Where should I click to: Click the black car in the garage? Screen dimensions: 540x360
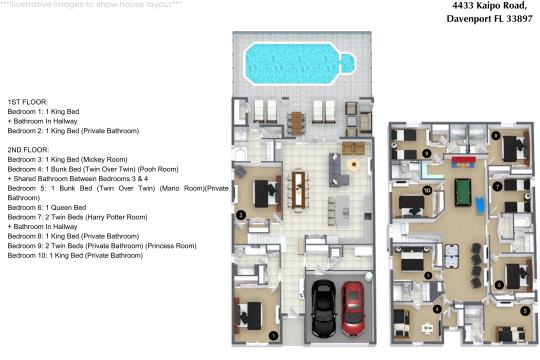(323, 308)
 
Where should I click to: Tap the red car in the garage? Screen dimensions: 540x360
(353, 308)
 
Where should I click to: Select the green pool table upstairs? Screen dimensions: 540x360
(463, 192)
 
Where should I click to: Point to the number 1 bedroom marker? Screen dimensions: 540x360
(273, 336)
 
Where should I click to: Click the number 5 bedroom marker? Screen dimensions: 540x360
(525, 311)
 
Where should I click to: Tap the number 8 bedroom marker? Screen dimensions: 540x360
(496, 136)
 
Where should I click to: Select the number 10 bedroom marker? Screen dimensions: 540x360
(427, 190)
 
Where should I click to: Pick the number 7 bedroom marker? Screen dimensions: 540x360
(497, 186)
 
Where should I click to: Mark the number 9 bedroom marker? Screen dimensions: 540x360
(427, 153)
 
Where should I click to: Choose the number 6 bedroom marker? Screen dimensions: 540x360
(499, 285)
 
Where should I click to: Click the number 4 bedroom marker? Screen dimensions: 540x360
(437, 309)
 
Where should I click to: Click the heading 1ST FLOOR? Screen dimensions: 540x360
(28, 102)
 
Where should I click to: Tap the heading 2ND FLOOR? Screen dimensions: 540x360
(28, 150)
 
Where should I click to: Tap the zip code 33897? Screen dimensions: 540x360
(520, 19)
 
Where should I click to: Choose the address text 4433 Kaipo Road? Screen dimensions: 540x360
(489, 6)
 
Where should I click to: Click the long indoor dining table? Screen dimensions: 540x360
(298, 189)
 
